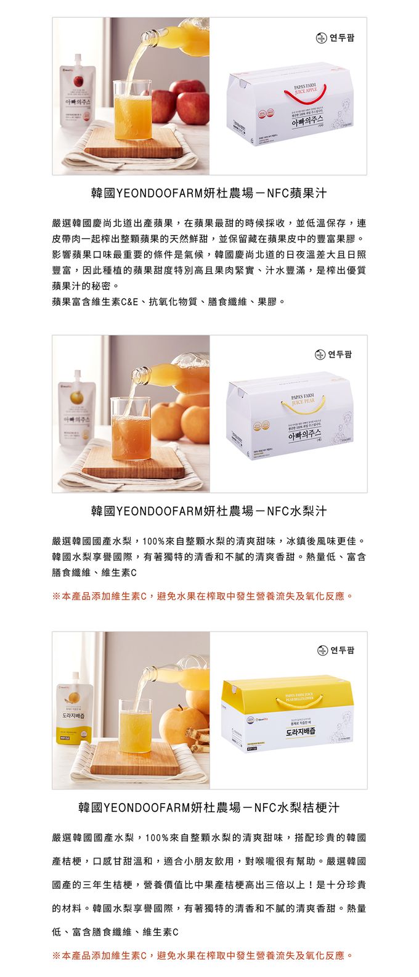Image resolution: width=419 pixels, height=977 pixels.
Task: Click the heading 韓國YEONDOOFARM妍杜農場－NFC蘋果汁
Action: coord(209,193)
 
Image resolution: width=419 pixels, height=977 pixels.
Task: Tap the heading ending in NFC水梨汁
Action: coord(209,511)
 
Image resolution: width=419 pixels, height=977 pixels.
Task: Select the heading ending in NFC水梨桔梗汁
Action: coord(209,807)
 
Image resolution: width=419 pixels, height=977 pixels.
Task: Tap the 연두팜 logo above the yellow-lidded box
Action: coord(336,650)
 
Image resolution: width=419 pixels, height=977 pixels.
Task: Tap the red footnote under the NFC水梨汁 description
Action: coord(203,596)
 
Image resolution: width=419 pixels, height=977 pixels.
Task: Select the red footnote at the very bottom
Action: coord(203,955)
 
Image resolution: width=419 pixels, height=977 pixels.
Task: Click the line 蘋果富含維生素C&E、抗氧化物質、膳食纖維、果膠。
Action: coord(169,302)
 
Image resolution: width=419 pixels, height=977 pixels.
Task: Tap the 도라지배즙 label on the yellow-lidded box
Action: coord(301,732)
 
